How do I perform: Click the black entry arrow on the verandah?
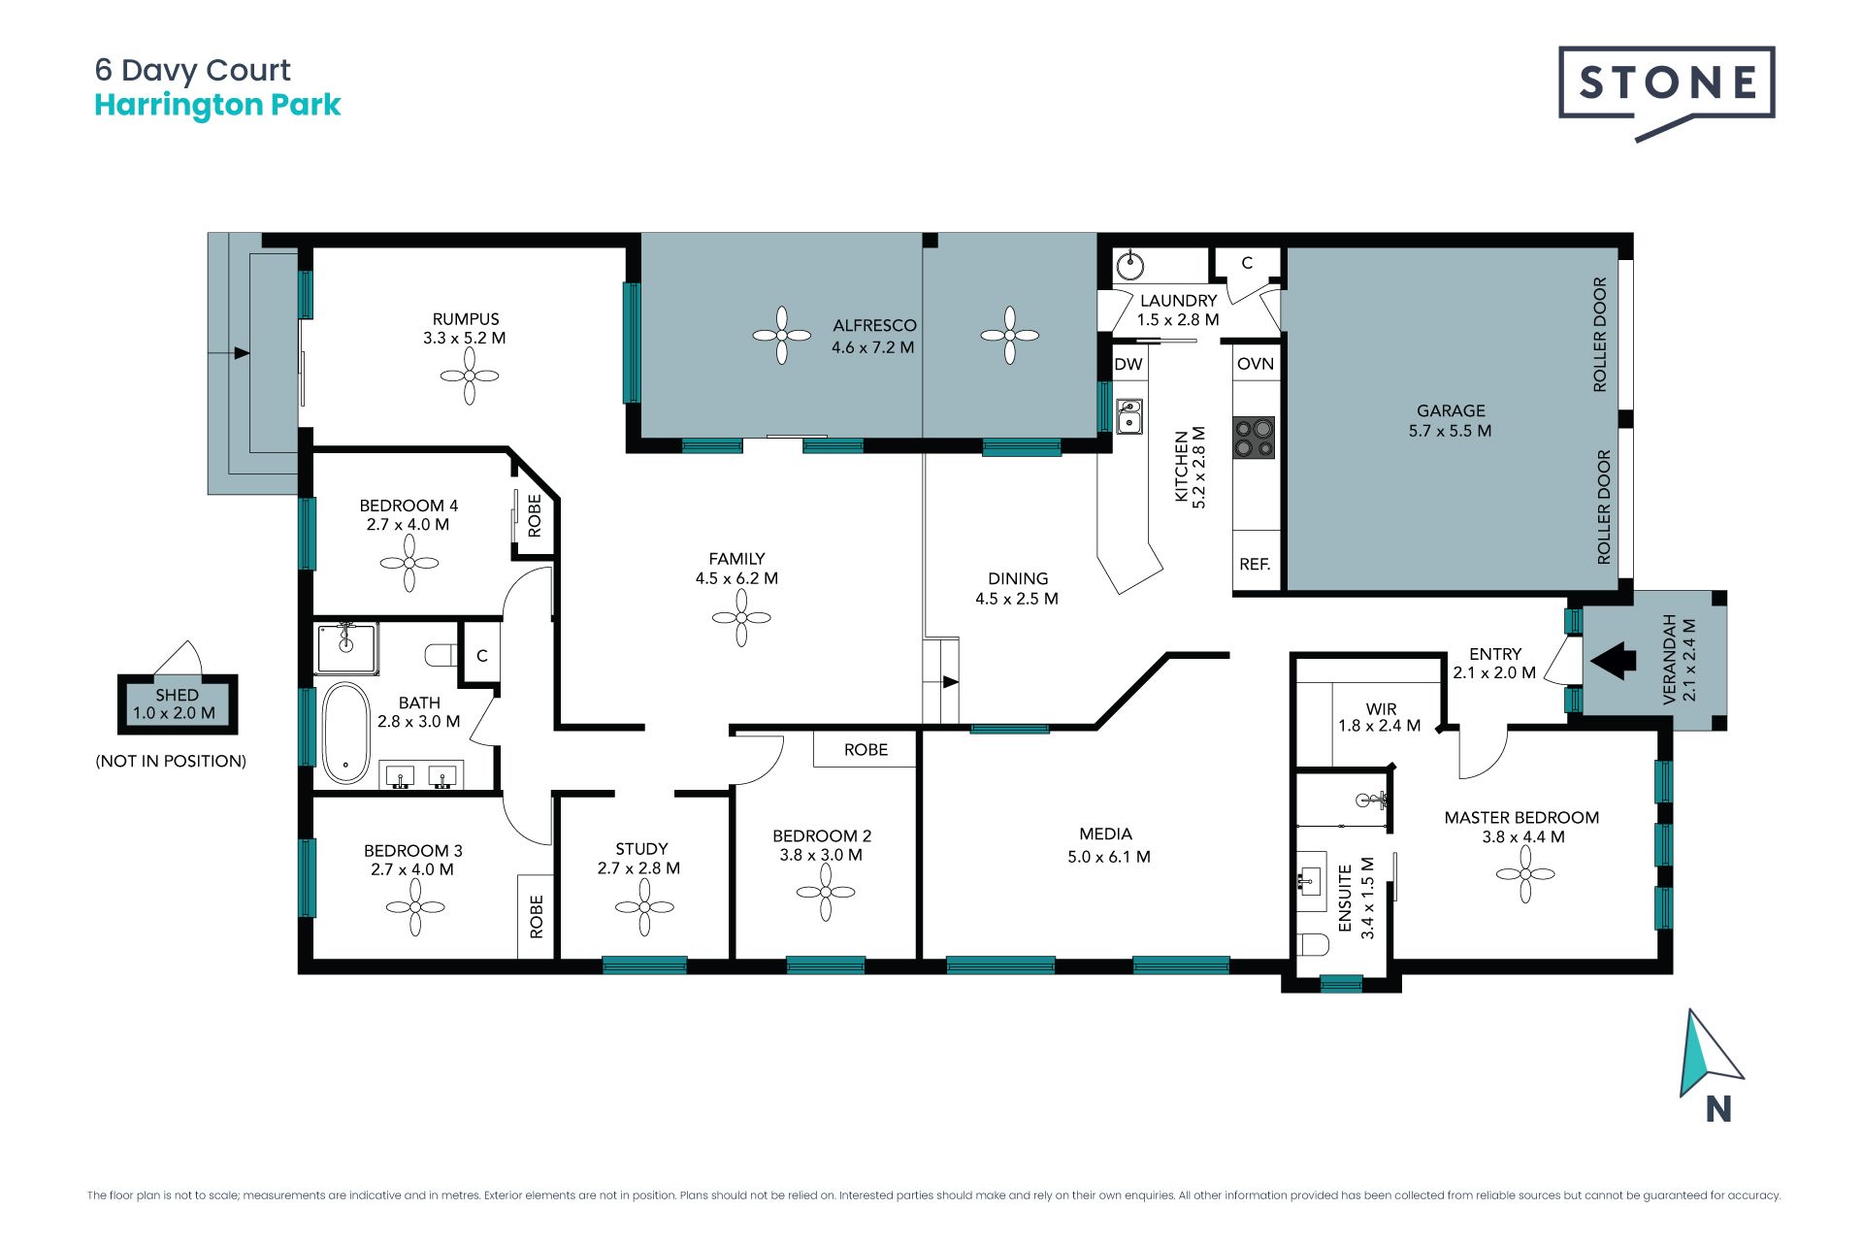1613,661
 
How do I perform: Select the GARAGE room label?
1451,410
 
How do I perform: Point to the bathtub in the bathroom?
345,734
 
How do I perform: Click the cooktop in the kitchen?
1254,437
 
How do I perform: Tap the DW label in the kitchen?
1128,365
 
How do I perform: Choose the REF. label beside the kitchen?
1255,564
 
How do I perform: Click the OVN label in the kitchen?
1256,364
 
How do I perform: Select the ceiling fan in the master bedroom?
1525,873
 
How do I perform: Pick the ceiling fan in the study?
644,907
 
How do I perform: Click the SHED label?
177,695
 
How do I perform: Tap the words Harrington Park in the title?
217,105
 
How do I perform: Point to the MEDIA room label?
1106,834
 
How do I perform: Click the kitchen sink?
1128,416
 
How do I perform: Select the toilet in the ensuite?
1313,945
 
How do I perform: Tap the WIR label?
1381,709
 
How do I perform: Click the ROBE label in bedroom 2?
866,750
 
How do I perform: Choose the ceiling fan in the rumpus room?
470,376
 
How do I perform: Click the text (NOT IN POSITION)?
171,762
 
